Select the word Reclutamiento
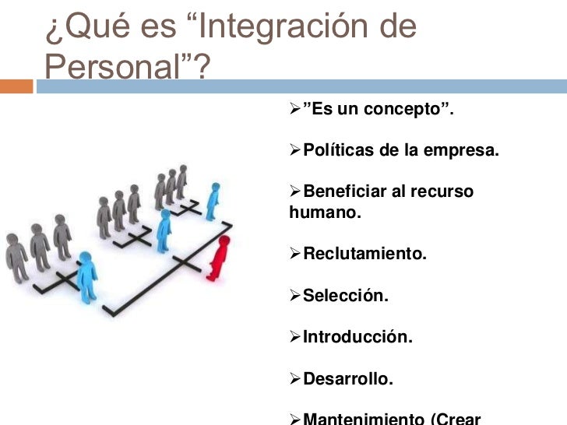(x=364, y=253)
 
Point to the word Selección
(x=345, y=296)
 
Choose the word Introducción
(x=357, y=338)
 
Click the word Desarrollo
(x=348, y=380)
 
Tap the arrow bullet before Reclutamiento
(x=294, y=253)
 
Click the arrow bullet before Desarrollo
(x=294, y=380)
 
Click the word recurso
(x=443, y=191)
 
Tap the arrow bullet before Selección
(x=294, y=296)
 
